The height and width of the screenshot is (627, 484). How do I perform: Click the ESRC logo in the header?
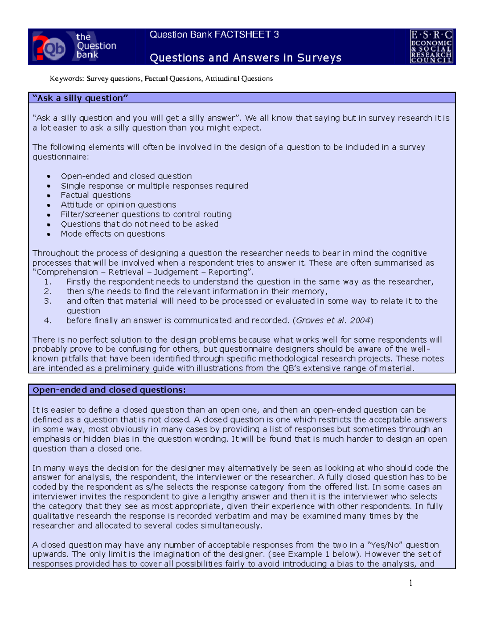[x=431, y=46]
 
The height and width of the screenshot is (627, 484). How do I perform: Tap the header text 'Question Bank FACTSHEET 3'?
[x=214, y=35]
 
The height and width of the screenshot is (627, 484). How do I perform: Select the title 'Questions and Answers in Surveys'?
[x=245, y=58]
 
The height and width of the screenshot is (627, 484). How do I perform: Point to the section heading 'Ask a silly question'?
[x=80, y=98]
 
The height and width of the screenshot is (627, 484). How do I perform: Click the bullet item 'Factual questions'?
[x=96, y=195]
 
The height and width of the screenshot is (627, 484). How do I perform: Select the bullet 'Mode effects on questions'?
[x=113, y=234]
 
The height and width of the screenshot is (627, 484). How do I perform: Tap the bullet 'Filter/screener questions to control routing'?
[x=146, y=214]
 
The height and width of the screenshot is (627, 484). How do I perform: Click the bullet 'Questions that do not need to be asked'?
[x=140, y=224]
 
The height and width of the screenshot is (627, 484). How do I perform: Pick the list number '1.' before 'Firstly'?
[x=48, y=282]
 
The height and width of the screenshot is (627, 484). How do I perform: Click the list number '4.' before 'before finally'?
[x=48, y=321]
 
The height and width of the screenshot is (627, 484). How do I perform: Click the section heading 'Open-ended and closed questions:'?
[x=109, y=390]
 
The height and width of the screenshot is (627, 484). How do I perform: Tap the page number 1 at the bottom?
[x=410, y=583]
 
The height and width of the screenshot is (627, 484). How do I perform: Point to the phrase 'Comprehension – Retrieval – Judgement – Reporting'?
[x=142, y=272]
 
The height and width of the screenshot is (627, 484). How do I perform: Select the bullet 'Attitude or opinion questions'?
[x=118, y=205]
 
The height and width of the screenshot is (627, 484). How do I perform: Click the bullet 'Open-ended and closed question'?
[x=126, y=176]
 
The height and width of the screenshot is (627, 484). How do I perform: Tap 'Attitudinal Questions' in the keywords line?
[x=239, y=79]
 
